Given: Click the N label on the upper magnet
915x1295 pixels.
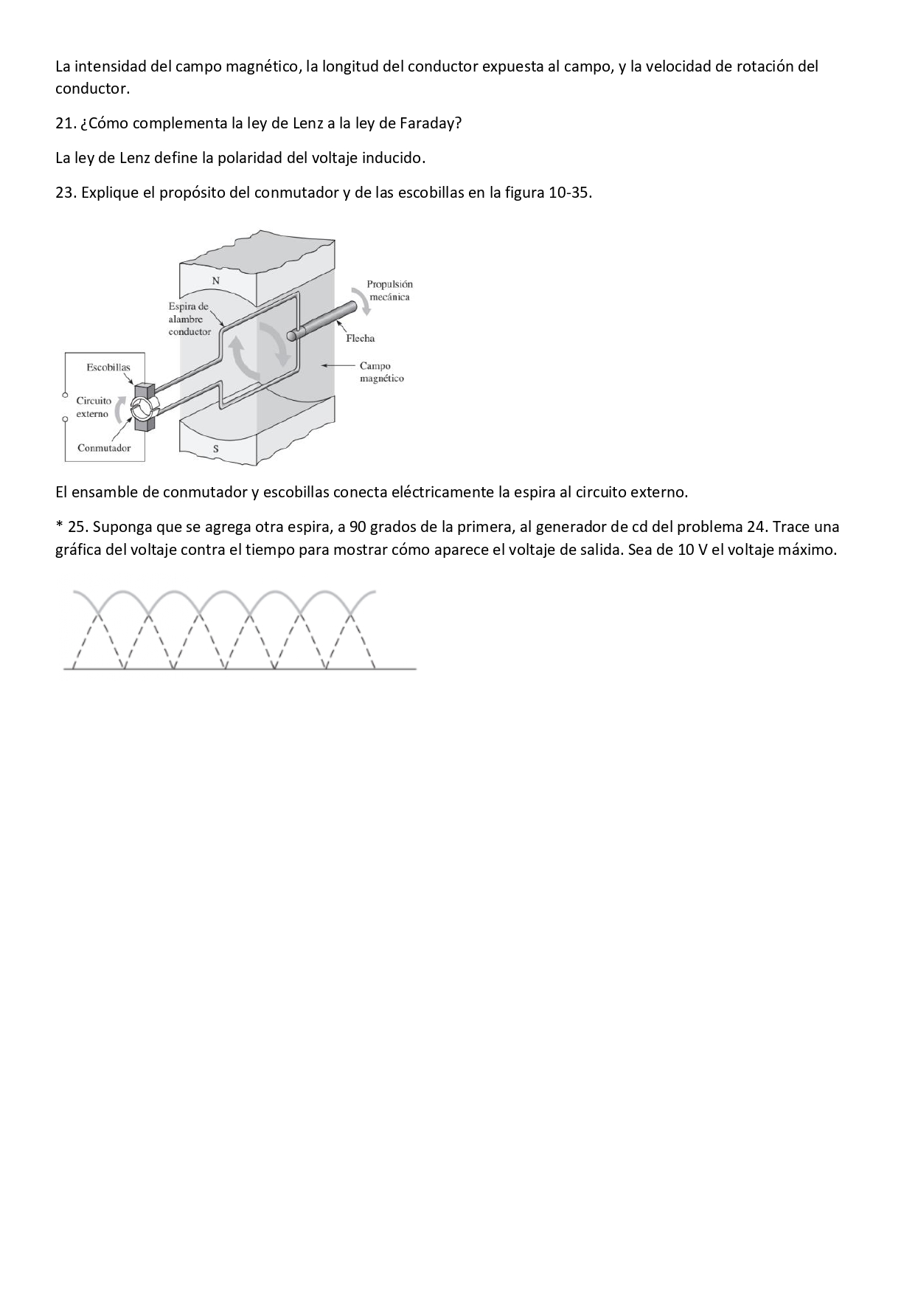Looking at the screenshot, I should coord(216,280).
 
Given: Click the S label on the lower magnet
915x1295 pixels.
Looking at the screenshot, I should coord(215,449).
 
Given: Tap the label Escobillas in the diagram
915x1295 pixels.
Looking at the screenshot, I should coord(108,367).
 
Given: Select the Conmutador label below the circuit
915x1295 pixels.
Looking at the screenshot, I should coord(104,448).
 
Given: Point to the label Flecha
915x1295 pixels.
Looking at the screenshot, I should coord(361,339).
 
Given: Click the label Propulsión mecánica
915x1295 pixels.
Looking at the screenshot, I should coord(389,290).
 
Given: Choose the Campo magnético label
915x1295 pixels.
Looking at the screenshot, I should coord(381,372).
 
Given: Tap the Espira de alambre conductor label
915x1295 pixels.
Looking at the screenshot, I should coord(189,319).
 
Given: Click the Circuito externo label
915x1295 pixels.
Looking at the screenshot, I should coord(94,407).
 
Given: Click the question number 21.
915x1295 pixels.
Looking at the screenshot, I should coord(65,123).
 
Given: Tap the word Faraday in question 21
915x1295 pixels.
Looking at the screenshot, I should coord(430,123).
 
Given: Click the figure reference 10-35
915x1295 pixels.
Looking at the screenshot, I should coord(568,193).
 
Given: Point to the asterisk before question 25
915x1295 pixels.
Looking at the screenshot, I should coord(58,526).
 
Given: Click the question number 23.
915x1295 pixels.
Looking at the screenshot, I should coord(65,193).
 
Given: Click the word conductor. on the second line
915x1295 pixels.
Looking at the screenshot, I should coord(92,89).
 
